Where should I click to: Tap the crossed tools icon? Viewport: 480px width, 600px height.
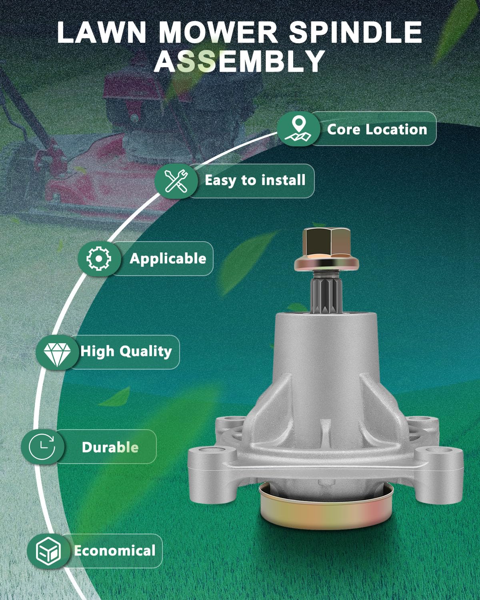click(x=176, y=181)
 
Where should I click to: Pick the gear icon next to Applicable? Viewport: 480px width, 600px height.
click(x=98, y=258)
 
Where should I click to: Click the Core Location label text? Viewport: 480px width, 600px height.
click(x=377, y=129)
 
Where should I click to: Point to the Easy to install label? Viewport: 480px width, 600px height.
click(x=255, y=180)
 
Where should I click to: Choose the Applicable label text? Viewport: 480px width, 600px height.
click(x=168, y=258)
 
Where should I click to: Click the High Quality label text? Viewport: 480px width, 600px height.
click(x=126, y=352)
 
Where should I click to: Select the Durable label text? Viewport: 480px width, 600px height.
click(x=110, y=447)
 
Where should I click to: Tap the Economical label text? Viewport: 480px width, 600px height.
click(x=114, y=551)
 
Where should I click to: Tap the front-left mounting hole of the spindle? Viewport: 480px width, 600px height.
click(x=211, y=452)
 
